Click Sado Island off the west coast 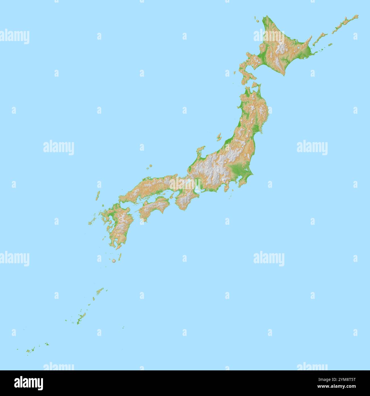(219, 137)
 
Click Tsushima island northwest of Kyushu (98, 196)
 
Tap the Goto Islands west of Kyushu (92, 221)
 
